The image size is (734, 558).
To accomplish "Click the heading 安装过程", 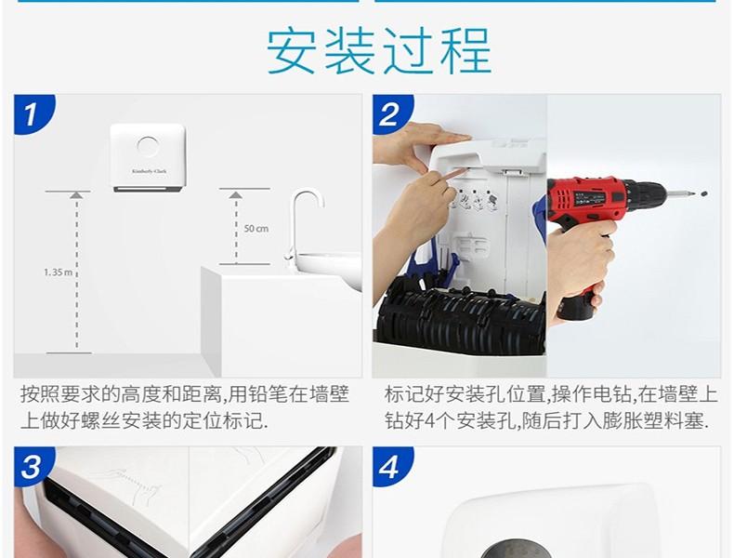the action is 379,50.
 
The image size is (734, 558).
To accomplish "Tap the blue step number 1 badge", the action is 33,113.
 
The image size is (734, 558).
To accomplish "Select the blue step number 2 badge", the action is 391,113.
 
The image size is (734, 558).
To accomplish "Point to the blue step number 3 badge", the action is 33,466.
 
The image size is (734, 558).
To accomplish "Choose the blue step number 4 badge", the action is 391,466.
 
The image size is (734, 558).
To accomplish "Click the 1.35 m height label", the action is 59,272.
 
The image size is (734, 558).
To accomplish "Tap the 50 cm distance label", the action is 256,229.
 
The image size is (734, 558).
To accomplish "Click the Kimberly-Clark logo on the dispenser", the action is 149,171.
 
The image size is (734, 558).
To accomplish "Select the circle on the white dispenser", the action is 149,146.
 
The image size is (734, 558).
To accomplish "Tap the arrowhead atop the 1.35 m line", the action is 77,195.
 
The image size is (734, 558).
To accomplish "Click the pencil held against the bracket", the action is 451,175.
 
